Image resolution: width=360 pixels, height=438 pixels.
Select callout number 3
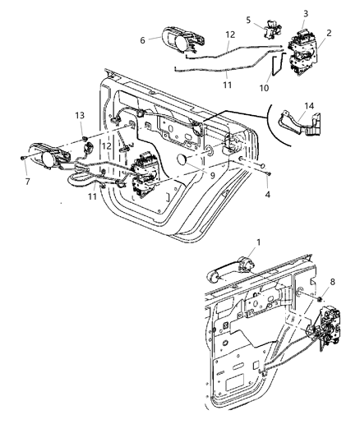click(307, 14)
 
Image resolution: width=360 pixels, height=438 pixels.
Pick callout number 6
click(142, 39)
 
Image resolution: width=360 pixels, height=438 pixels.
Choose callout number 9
click(215, 173)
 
